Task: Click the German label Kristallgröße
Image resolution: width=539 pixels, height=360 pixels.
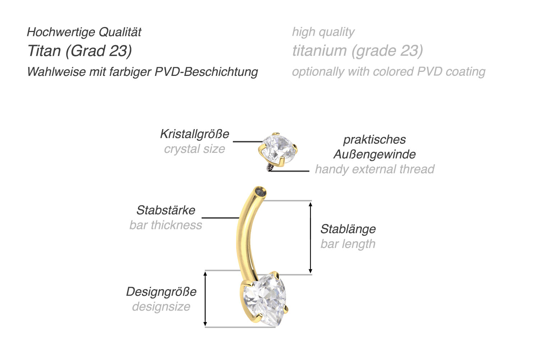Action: pyautogui.click(x=194, y=134)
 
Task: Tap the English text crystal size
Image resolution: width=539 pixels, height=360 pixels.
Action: pyautogui.click(x=194, y=149)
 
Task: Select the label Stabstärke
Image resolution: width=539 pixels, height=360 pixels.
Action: pyautogui.click(x=166, y=210)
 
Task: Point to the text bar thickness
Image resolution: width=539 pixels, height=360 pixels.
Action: pyautogui.click(x=166, y=225)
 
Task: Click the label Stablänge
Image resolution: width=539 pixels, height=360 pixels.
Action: pyautogui.click(x=348, y=229)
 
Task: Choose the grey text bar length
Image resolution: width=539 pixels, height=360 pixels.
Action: pyautogui.click(x=348, y=244)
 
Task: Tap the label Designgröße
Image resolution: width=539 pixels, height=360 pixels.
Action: pyautogui.click(x=161, y=292)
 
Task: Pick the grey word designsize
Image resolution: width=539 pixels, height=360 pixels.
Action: pyautogui.click(x=161, y=307)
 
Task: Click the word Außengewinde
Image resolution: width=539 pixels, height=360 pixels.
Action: pyautogui.click(x=374, y=154)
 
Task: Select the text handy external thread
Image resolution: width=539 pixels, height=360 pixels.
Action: pyautogui.click(x=374, y=169)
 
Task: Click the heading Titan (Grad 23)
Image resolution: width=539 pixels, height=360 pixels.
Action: pyautogui.click(x=79, y=51)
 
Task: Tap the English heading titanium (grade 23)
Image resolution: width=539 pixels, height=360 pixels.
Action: pyautogui.click(x=357, y=51)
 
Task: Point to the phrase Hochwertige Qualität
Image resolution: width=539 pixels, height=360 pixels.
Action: pyautogui.click(x=84, y=32)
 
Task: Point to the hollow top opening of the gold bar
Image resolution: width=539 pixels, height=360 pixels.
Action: pyautogui.click(x=260, y=192)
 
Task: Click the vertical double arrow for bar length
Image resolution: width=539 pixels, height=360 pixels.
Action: pyautogui.click(x=311, y=237)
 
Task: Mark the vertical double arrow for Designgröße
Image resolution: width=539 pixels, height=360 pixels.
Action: pyautogui.click(x=205, y=299)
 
